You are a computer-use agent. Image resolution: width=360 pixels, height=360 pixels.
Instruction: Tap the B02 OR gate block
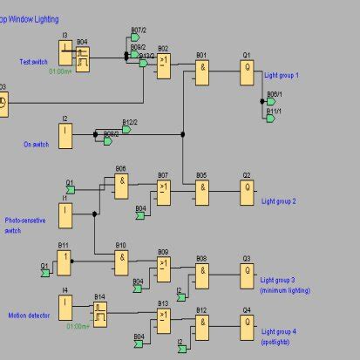[x=164, y=67]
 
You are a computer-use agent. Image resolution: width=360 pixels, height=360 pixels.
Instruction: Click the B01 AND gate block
[x=202, y=72]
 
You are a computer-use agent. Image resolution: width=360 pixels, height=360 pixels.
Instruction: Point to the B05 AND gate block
[x=202, y=192]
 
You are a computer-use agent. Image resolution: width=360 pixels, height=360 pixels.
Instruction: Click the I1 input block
[x=65, y=214]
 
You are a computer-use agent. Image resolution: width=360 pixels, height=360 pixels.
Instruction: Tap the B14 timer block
[x=101, y=313]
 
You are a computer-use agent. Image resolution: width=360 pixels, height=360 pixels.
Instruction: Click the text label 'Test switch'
[x=33, y=62]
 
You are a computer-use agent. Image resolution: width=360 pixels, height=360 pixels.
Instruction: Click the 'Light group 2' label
[x=279, y=201]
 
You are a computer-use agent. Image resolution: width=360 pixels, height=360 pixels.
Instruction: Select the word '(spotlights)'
[x=278, y=343]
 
